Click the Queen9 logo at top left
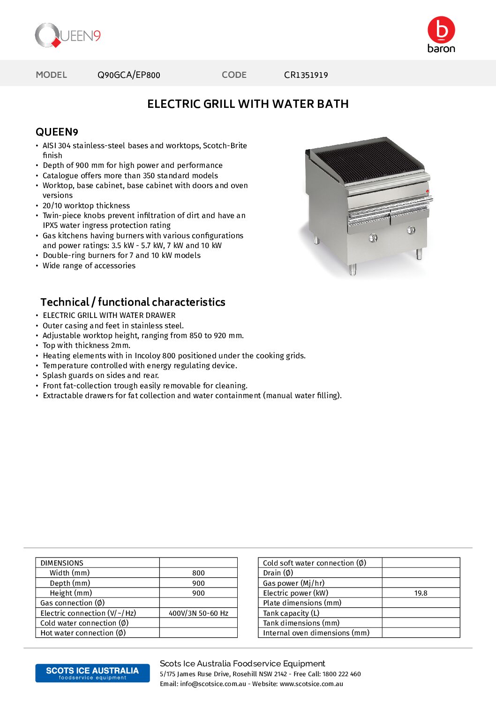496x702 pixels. click(68, 36)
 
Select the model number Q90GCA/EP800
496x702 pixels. click(128, 75)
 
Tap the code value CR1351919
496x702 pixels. click(306, 75)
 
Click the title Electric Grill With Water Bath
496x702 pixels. click(248, 104)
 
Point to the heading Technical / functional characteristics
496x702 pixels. click(133, 302)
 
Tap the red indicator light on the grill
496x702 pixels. click(428, 191)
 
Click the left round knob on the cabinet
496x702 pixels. click(373, 238)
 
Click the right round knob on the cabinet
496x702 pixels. click(411, 230)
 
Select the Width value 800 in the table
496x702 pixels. click(198, 573)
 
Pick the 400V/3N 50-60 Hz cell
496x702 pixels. click(198, 613)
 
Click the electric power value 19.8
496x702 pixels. click(421, 593)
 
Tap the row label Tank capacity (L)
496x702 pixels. click(291, 613)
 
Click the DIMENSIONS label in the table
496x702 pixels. click(62, 563)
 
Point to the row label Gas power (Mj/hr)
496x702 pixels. click(293, 583)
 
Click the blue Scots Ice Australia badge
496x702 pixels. click(92, 673)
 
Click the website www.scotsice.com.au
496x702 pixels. click(311, 684)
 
